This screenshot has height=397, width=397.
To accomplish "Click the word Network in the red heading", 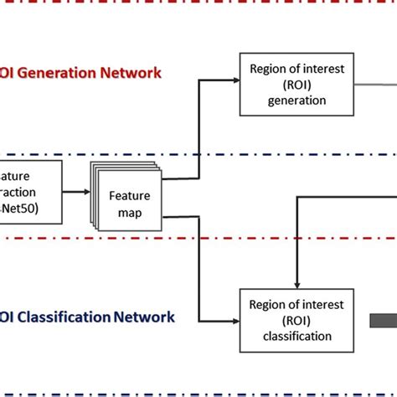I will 131,72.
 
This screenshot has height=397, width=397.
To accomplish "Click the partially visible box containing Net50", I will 30,192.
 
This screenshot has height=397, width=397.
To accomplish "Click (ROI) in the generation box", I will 293,84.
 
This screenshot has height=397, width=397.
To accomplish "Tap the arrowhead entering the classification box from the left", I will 235,321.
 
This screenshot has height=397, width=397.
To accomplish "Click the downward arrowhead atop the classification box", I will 294,285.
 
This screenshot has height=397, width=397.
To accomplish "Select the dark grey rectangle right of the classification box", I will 384,320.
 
